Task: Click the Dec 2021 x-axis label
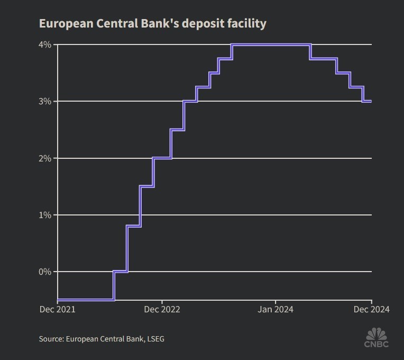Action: click(x=58, y=309)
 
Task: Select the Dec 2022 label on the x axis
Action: click(x=162, y=309)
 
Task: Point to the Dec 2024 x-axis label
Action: click(x=372, y=309)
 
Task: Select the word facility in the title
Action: click(x=245, y=23)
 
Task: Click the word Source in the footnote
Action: click(x=51, y=339)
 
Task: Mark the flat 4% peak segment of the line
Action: click(x=271, y=44)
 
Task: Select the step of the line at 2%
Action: click(x=162, y=158)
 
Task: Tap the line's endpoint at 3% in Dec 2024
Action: click(x=370, y=101)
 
